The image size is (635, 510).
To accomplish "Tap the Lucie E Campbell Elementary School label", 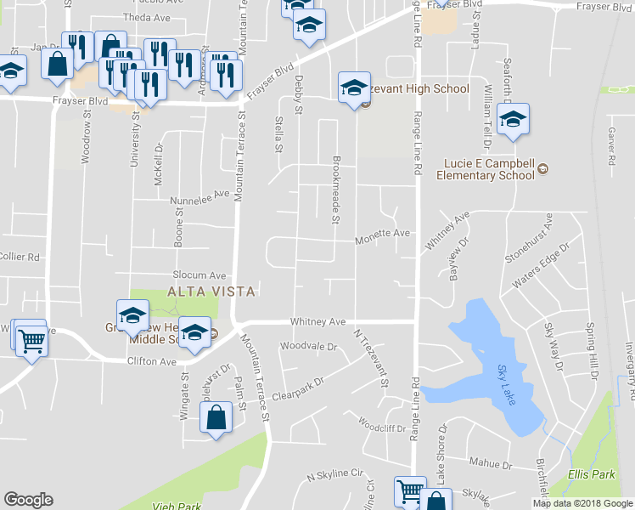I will pos(486,170).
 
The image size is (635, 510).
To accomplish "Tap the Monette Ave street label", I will pos(383,233).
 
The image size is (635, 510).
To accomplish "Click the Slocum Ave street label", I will pos(199,275).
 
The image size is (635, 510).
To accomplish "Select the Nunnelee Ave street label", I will pos(200,197).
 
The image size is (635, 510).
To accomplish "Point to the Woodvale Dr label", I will pos(309,347).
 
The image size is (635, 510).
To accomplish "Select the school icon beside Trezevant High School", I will pos(354,88).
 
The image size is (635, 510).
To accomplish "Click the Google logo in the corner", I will pos(28,500).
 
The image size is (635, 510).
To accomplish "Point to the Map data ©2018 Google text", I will pos(582,503).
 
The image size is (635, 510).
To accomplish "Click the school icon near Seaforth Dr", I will pos(513,120).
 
